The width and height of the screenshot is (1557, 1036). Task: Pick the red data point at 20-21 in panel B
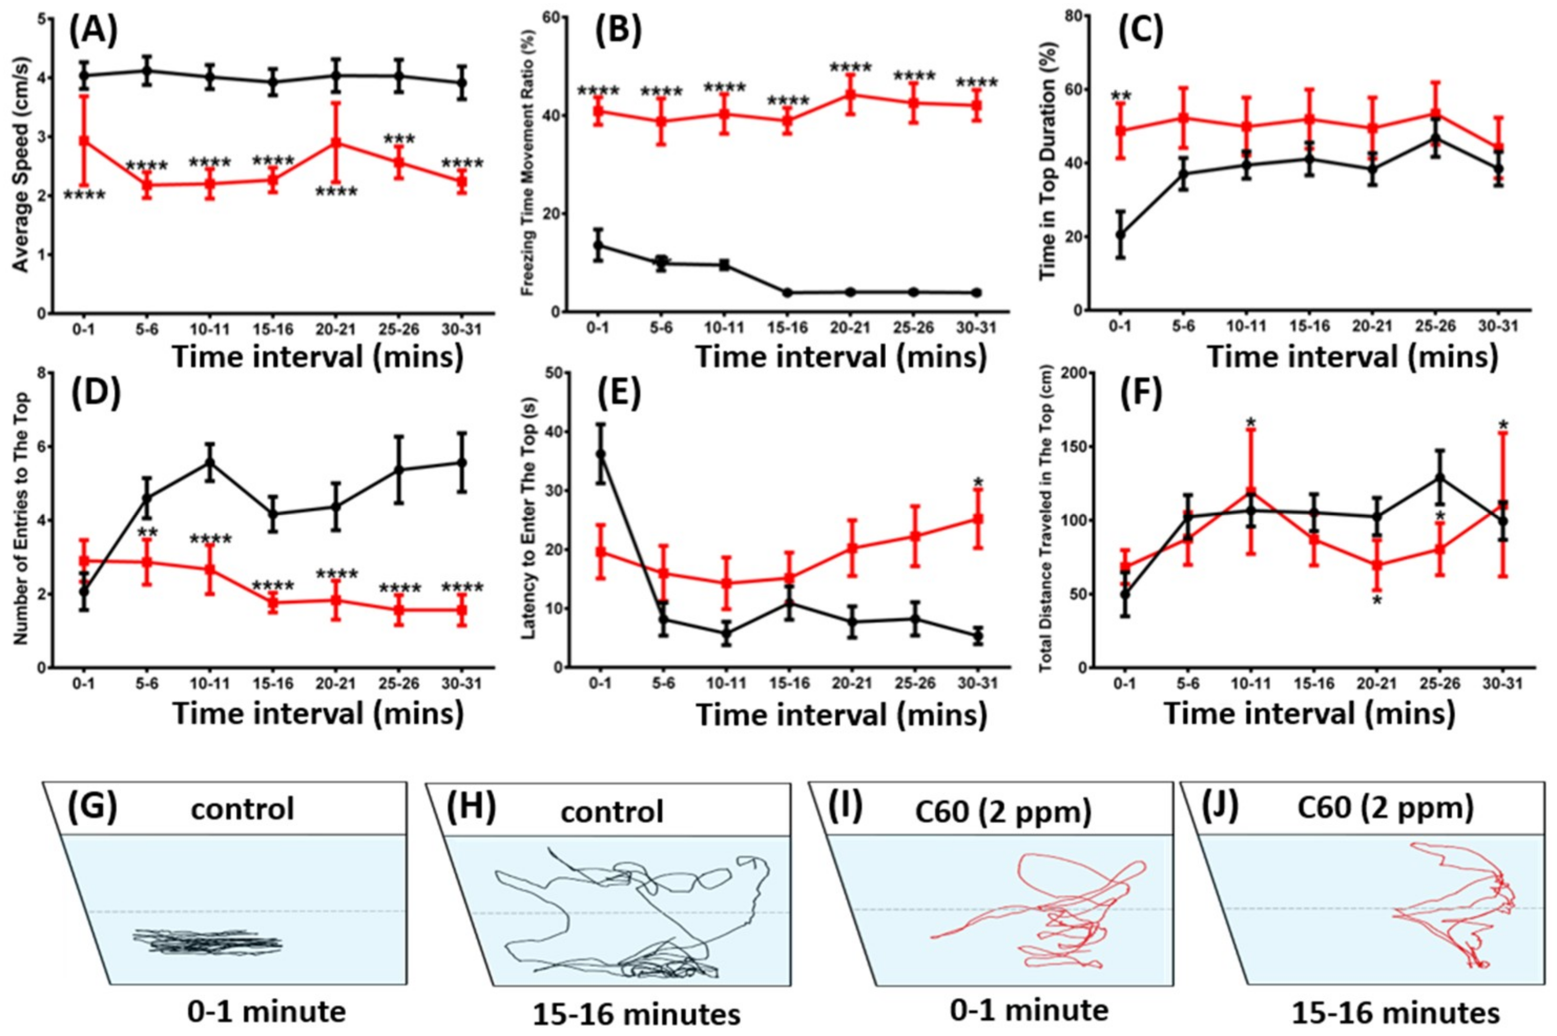click(850, 95)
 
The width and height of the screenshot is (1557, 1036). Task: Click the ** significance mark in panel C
click(1121, 97)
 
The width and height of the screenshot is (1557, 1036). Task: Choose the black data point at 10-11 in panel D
click(211, 462)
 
